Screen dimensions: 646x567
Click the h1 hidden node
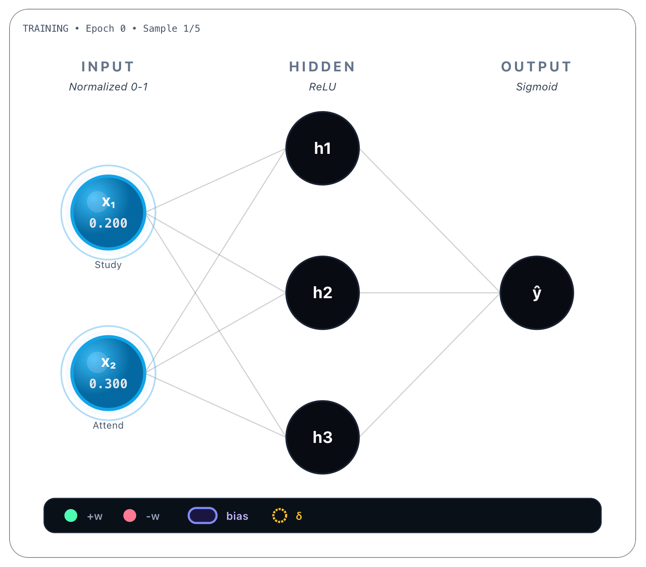pyautogui.click(x=322, y=148)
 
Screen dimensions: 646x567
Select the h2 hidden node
pyautogui.click(x=322, y=293)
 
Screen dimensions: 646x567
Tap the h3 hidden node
pyautogui.click(x=322, y=437)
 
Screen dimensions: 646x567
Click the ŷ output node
pyautogui.click(x=536, y=293)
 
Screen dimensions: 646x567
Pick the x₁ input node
pyautogui.click(x=108, y=213)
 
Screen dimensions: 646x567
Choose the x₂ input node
pyautogui.click(x=108, y=373)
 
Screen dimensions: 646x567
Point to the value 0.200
pyautogui.click(x=108, y=223)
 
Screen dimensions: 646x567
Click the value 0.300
pyautogui.click(x=108, y=384)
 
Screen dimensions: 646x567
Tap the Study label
pyautogui.click(x=108, y=265)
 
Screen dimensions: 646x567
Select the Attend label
pyautogui.click(x=108, y=425)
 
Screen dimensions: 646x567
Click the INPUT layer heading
pyautogui.click(x=108, y=67)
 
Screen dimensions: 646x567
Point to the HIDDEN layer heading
pyautogui.click(x=322, y=67)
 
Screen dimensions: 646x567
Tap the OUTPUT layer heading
pyautogui.click(x=536, y=67)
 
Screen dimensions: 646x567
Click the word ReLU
pyautogui.click(x=322, y=87)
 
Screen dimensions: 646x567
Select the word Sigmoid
pyautogui.click(x=536, y=87)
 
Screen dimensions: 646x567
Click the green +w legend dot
pyautogui.click(x=71, y=515)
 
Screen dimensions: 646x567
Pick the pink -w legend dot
pyautogui.click(x=130, y=515)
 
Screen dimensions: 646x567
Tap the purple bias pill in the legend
pyautogui.click(x=202, y=515)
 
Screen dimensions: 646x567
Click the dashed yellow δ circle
pyautogui.click(x=279, y=515)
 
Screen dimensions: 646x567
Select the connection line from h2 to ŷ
pyautogui.click(x=429, y=293)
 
